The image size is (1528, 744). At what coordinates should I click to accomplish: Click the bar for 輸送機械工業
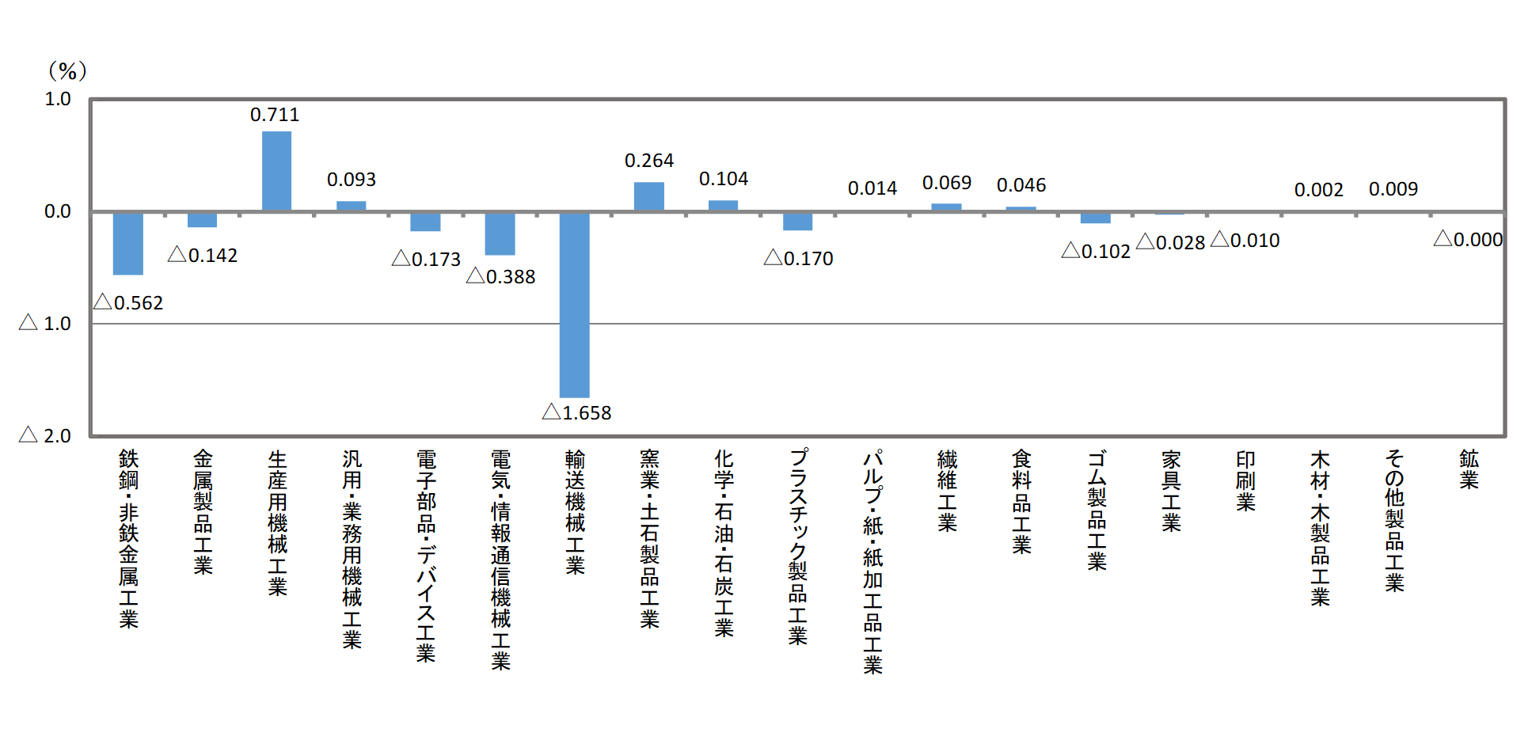point(575,305)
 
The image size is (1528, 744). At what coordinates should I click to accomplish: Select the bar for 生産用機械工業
point(277,172)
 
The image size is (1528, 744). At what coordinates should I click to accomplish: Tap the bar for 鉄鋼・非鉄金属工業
point(128,243)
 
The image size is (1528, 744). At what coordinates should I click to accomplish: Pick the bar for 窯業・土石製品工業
point(649,197)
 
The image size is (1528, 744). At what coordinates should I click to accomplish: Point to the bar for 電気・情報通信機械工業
point(500,233)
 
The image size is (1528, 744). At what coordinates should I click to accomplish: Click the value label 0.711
point(275,116)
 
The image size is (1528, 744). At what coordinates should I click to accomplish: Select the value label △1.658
point(577,412)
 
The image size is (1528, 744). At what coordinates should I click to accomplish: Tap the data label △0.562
point(129,303)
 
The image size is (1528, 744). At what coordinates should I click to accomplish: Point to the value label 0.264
point(649,161)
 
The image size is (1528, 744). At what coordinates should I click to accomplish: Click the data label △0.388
point(501,277)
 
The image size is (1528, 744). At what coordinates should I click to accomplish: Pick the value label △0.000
point(1468,240)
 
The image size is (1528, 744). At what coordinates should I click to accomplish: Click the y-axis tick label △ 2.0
point(46,436)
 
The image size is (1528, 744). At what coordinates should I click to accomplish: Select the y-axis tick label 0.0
point(58,212)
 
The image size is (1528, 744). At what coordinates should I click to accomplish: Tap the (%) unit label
point(67,71)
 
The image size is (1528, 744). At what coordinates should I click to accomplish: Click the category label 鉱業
point(1469,470)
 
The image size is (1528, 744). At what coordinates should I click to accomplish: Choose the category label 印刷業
point(1245,481)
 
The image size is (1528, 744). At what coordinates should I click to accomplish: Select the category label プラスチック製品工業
point(798,546)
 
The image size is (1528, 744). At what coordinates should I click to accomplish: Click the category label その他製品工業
point(1394,520)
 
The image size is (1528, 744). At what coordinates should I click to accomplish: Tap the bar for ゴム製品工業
point(1096,218)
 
